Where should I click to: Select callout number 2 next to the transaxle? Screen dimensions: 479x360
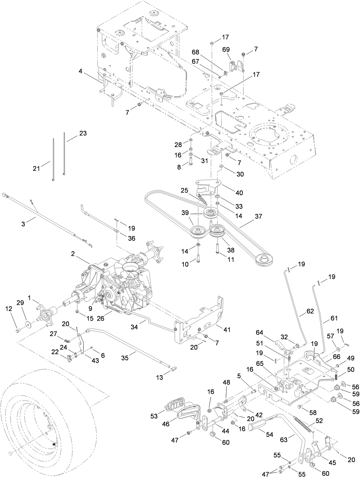click(73, 254)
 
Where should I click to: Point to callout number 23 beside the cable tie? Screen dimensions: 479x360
click(83, 133)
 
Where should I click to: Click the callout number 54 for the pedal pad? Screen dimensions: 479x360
click(269, 435)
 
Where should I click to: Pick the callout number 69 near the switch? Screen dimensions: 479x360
click(226, 50)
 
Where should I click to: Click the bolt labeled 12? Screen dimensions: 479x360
click(18, 331)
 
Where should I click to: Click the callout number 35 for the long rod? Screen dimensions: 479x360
click(125, 358)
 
